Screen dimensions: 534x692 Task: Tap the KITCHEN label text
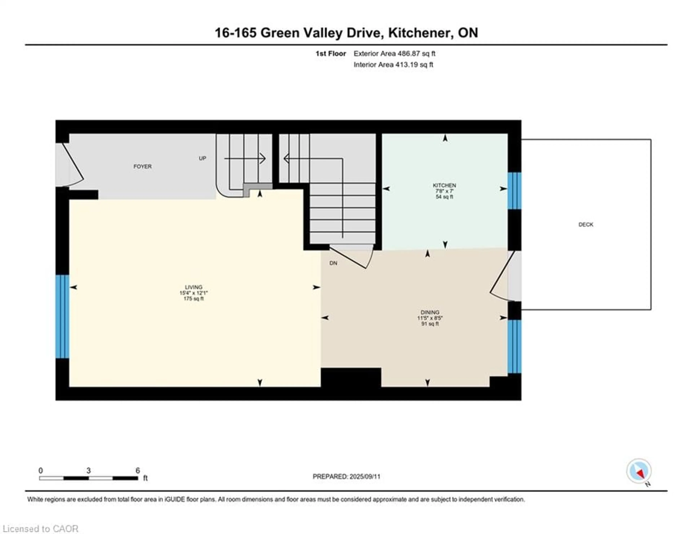444,185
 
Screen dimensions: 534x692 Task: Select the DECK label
585,224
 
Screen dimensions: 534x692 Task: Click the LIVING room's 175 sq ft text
193,299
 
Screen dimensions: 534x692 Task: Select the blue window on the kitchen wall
514,191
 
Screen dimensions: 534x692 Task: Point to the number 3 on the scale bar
88,471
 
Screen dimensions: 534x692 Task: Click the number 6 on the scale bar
137,471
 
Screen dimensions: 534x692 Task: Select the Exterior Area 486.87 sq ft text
394,54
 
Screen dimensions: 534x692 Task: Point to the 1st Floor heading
331,54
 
